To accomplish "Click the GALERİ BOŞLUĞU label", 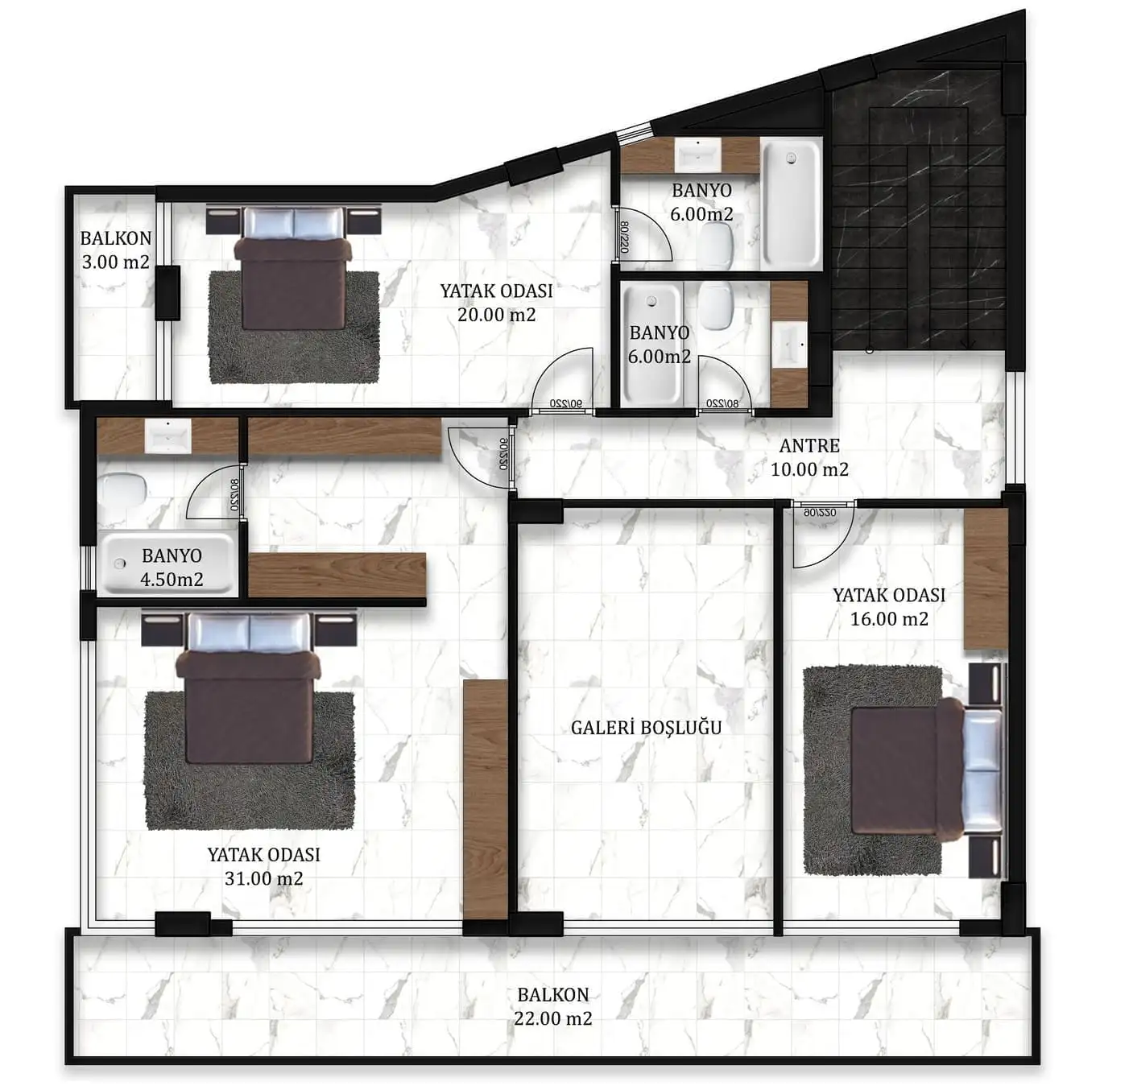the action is point(646,728).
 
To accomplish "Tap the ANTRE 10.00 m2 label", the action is point(809,457).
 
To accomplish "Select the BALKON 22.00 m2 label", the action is point(553,1006).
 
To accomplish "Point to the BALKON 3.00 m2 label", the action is point(115,250).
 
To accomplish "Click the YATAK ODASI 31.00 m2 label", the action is point(264,866).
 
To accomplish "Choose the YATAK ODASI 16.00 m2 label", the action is point(889,607).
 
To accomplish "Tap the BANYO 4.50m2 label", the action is point(172,568).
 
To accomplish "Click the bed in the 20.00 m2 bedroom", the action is point(294,268).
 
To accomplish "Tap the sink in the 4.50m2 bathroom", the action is point(167,436).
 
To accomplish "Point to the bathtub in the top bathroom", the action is point(791,203).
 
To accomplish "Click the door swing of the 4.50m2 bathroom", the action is point(214,493).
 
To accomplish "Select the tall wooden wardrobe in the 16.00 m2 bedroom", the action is point(986,579).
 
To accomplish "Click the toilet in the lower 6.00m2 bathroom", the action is point(716,306).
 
